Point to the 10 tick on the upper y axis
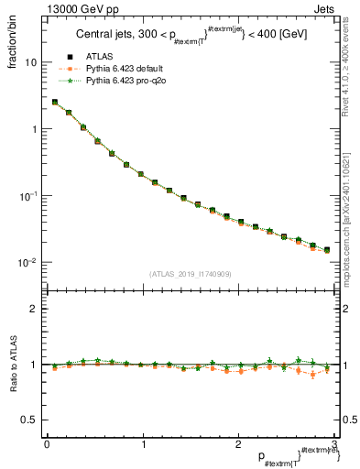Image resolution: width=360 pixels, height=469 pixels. [30, 63]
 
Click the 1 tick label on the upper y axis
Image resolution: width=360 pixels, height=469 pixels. [33, 129]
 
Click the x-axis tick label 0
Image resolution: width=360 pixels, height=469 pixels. [47, 444]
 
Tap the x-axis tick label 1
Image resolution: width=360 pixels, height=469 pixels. [142, 444]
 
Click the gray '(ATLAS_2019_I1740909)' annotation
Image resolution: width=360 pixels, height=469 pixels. [190, 274]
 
